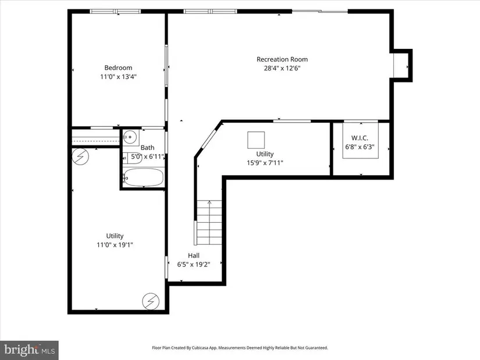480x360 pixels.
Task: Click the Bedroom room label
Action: (x=118, y=68)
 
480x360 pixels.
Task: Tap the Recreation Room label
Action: (x=282, y=59)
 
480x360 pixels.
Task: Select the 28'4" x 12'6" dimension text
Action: (x=282, y=68)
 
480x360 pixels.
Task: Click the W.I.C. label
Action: (x=360, y=138)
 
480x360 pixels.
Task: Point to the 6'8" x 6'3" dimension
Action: (x=360, y=147)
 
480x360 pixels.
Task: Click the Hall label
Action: (x=194, y=256)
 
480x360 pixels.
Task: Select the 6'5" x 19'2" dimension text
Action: (x=194, y=265)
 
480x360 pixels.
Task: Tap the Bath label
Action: (x=147, y=148)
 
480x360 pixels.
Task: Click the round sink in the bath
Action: (x=131, y=137)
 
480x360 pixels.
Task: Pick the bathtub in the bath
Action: (x=143, y=177)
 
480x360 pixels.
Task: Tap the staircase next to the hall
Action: (x=209, y=222)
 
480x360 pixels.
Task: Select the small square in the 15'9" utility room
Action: (x=256, y=140)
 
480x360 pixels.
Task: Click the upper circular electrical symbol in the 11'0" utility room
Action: (x=80, y=156)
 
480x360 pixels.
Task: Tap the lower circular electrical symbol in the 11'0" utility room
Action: (x=151, y=301)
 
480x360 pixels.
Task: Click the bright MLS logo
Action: (x=30, y=350)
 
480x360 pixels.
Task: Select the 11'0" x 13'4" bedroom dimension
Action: (x=118, y=77)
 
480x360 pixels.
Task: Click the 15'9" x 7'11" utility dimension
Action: (x=265, y=163)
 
